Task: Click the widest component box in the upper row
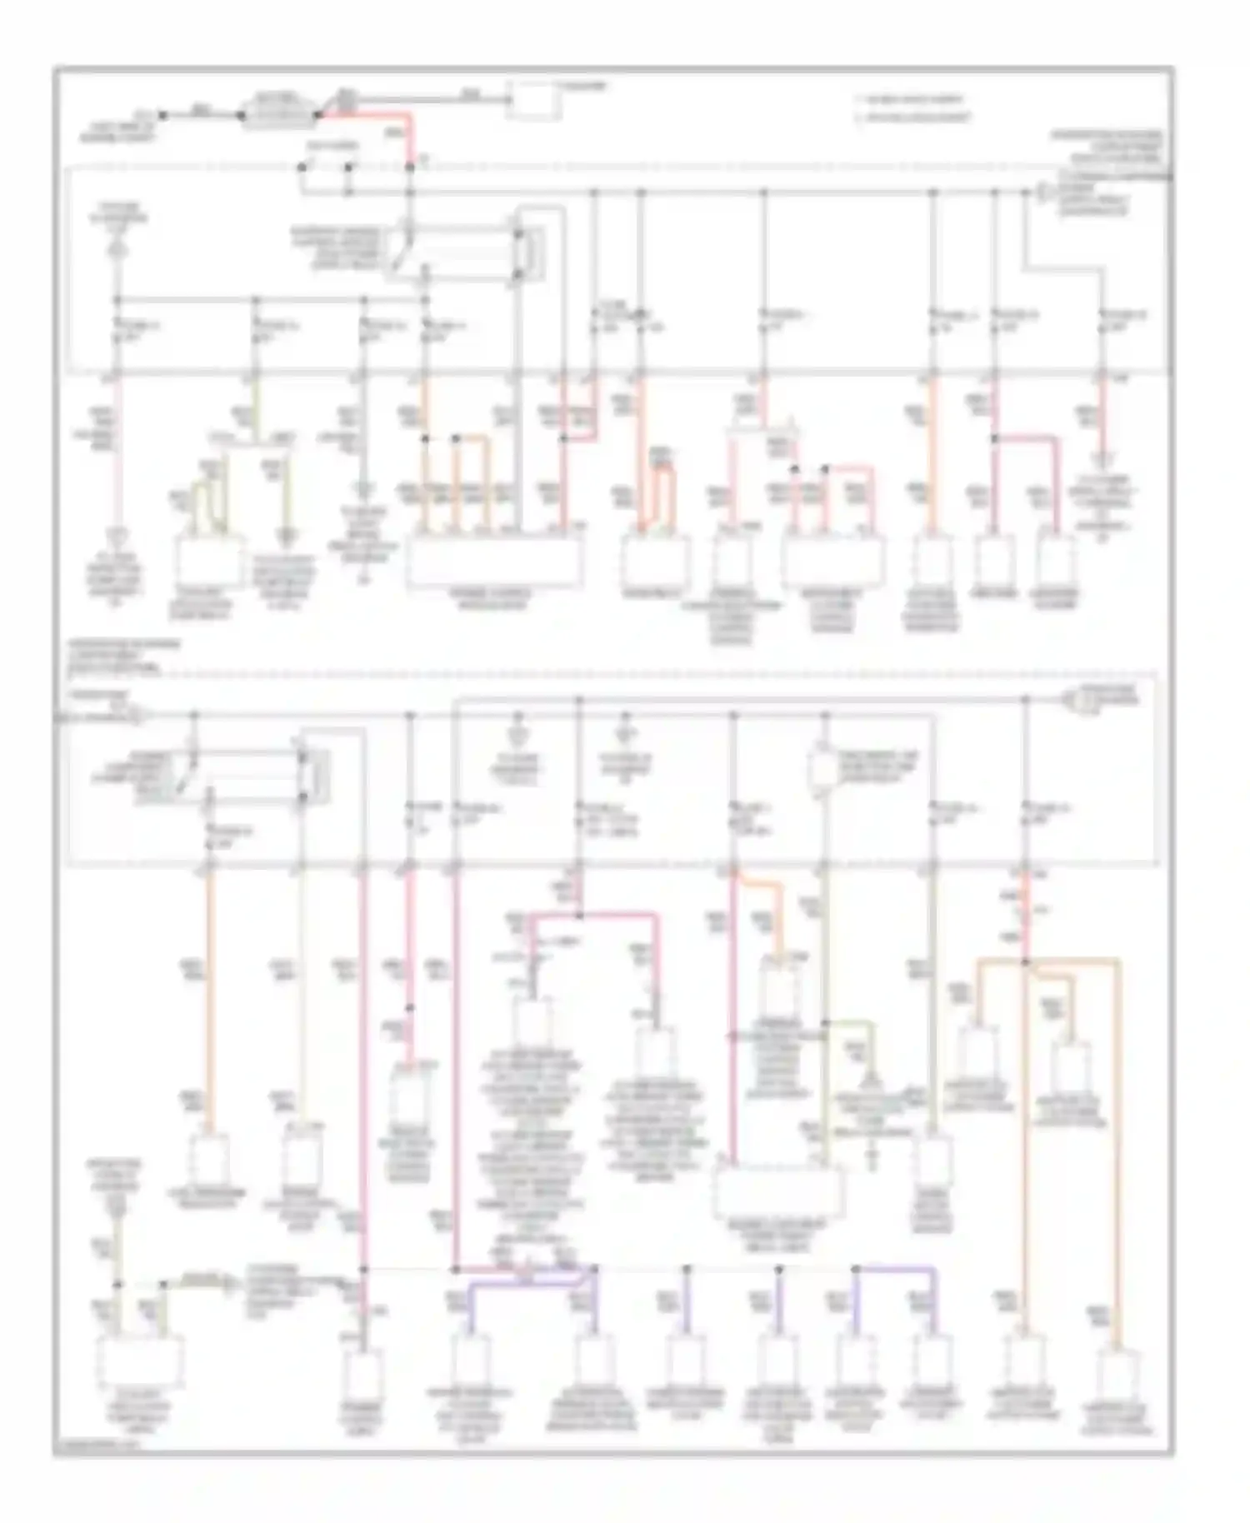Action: click(495, 560)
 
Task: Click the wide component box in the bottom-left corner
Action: click(140, 1360)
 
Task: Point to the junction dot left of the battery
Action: click(163, 115)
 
